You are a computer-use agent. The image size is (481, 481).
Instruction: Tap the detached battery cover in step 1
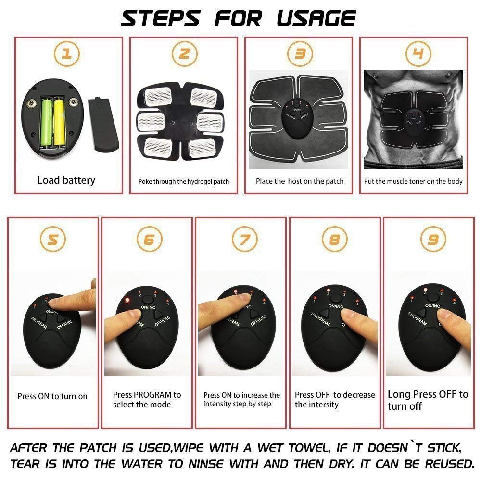coord(103,124)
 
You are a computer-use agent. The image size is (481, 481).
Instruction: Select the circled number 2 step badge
coord(184,54)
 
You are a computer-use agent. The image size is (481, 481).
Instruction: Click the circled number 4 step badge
coord(418,54)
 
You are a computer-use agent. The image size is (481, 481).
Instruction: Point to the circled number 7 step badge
coord(244,239)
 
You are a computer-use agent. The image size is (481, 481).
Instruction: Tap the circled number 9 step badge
coord(433,239)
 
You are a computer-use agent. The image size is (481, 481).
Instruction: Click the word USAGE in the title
coord(316,18)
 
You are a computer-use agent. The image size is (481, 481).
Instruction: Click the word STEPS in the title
coord(160,18)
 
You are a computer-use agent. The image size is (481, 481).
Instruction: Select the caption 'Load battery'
coord(66,180)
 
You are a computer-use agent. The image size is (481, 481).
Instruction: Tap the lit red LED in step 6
coord(127,300)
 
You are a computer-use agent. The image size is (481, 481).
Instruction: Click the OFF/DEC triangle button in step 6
coord(158,315)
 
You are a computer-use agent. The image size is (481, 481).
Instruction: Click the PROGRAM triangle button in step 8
coord(325,313)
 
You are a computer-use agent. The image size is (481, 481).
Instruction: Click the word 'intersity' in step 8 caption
coord(323,405)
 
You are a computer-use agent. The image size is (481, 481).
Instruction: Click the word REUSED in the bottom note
coord(449,464)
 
